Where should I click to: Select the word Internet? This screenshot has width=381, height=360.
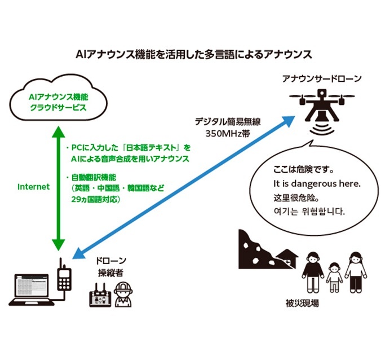pyautogui.click(x=33, y=186)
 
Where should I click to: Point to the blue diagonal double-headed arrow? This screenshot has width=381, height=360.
pyautogui.click(x=186, y=186)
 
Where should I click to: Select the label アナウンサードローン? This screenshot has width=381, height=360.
pyautogui.click(x=322, y=79)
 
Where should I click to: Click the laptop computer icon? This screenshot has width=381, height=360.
pyautogui.click(x=32, y=289)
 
